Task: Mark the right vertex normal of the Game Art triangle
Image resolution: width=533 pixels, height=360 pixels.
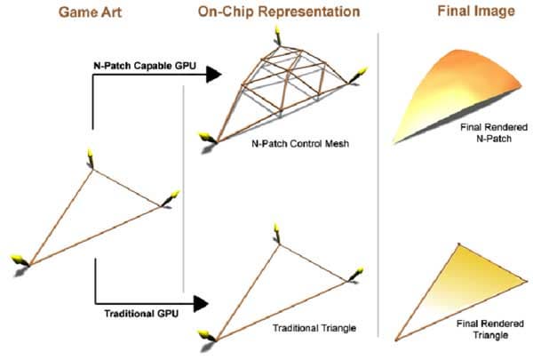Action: [x=170, y=197]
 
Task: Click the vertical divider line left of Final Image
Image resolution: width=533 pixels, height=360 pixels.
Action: [x=380, y=178]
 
